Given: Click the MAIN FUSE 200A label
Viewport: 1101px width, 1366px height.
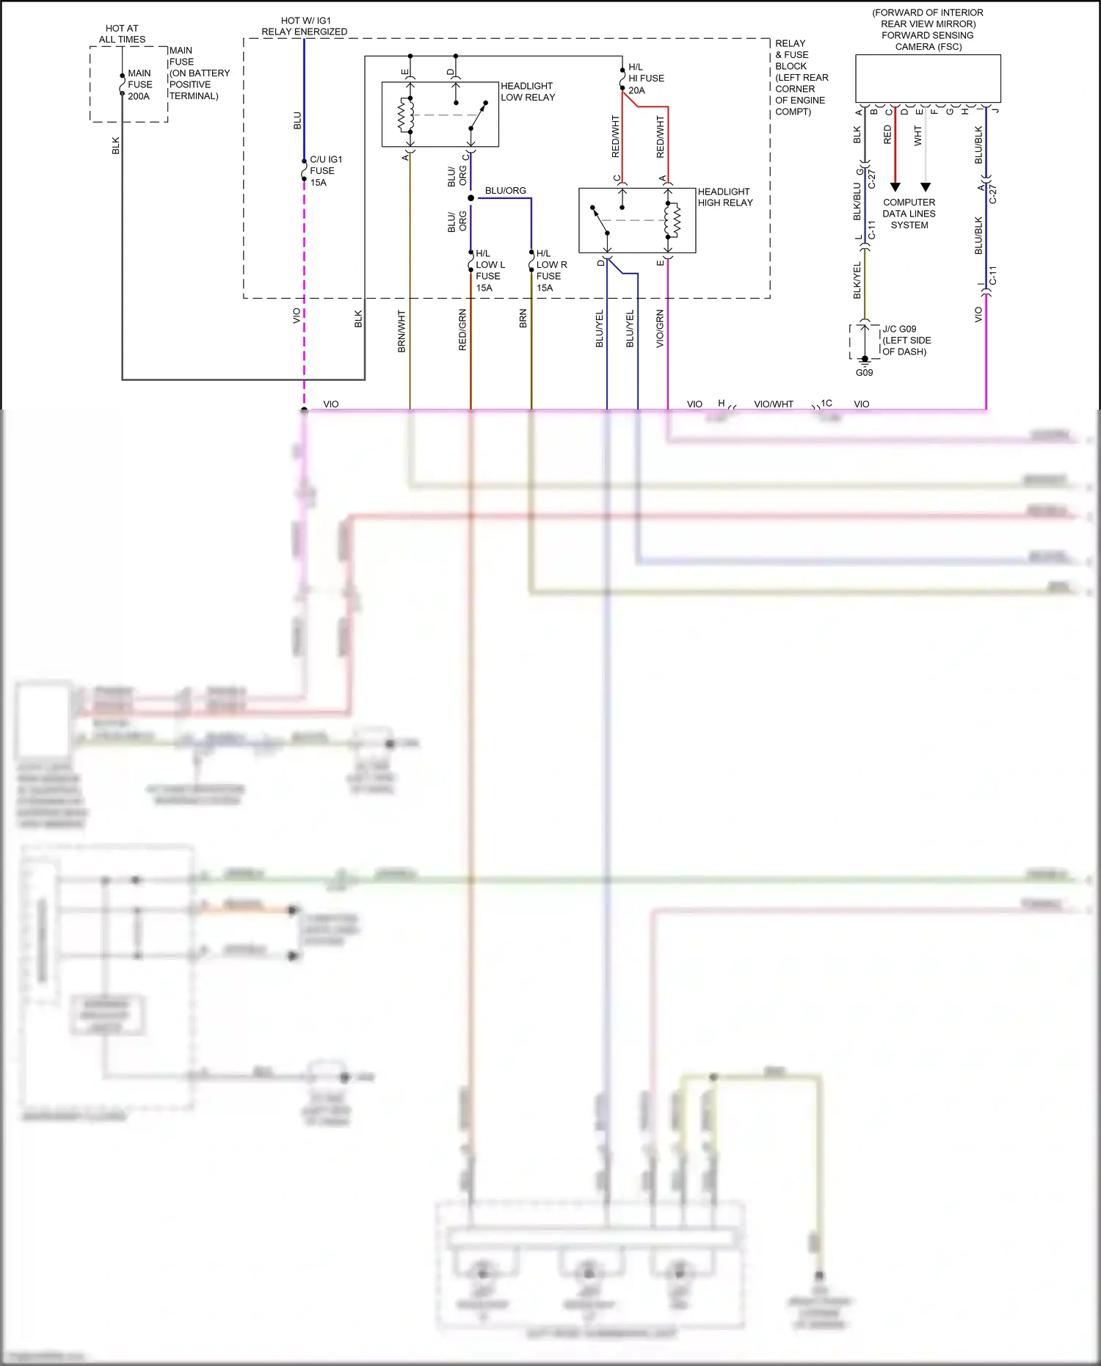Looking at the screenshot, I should pos(139,84).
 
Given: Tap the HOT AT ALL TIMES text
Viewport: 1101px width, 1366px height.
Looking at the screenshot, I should pos(122,34).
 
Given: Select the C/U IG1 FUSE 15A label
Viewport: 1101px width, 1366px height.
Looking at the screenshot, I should pos(325,171).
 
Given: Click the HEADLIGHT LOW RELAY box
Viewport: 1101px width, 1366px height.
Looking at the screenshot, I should pos(440,115).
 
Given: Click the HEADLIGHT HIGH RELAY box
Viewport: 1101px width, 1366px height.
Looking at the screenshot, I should pos(636,220).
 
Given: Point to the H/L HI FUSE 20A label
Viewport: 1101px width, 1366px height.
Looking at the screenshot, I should pos(645,79).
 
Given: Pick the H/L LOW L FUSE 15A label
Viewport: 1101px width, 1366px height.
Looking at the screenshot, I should pos(490,270).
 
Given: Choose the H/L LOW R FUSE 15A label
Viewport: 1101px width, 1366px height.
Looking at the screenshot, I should pos(550,270).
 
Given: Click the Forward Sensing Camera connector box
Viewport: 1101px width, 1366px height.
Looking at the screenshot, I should pos(927,78).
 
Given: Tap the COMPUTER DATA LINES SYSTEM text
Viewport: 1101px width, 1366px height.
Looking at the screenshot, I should pos(909,214).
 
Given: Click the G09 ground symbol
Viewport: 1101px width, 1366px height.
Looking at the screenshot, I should pos(865,360).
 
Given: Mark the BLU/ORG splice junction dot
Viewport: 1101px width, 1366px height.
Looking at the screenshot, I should pos(470,198).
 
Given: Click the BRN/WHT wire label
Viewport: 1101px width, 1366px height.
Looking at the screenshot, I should pos(401,331).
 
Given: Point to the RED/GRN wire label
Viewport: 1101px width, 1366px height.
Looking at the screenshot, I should pos(462,330).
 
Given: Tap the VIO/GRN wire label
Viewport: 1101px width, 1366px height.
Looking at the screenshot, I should pos(660,328).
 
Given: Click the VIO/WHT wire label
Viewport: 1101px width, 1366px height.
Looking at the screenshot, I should pos(774,404).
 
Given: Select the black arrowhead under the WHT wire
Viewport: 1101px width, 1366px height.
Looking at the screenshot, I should pos(925,187).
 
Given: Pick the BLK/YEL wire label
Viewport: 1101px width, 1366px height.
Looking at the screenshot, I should pos(857,280).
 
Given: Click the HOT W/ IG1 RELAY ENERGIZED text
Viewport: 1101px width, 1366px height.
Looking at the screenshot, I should pos(305,26).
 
